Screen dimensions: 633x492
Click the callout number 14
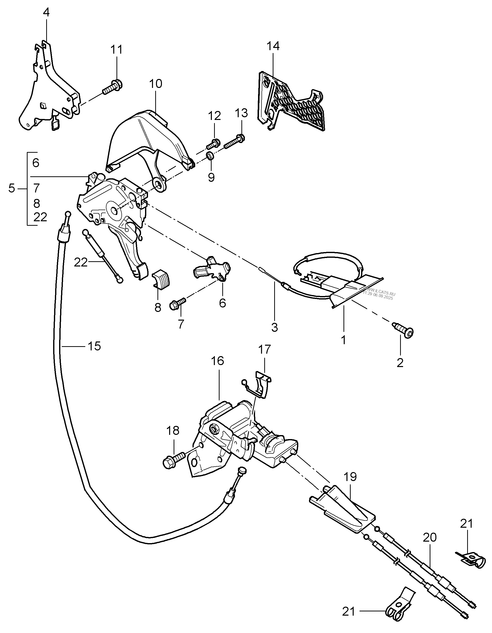273,46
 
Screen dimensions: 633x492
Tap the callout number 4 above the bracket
46,12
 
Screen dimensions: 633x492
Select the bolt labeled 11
113,87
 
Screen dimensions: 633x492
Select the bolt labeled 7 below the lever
177,304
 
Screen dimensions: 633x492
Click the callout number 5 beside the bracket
12,189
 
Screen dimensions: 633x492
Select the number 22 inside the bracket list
40,217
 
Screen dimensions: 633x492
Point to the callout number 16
218,361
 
